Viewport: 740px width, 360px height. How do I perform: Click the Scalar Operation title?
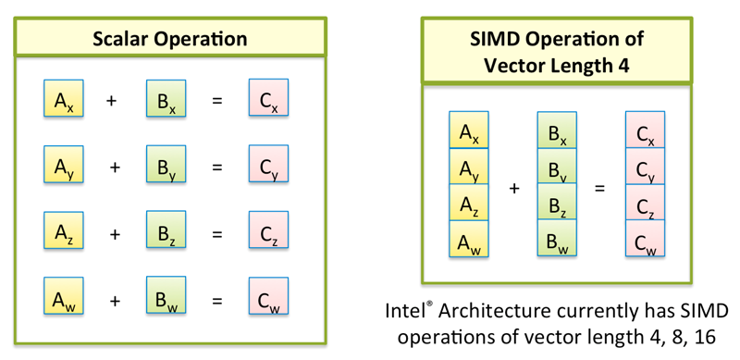[169, 39]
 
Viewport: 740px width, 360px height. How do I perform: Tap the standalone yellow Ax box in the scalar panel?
[64, 99]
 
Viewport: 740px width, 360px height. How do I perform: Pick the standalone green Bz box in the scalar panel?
[166, 233]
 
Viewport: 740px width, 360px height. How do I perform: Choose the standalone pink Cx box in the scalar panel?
[268, 99]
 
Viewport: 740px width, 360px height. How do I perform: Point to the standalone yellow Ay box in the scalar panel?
[64, 166]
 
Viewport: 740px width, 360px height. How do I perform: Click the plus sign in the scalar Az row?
[115, 234]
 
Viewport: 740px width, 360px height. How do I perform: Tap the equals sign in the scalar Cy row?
[217, 167]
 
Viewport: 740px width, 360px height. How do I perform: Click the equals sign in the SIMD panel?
[599, 188]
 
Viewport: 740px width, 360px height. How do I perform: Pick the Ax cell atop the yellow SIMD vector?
[468, 131]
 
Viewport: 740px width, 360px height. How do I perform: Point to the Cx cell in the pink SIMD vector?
[645, 131]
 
